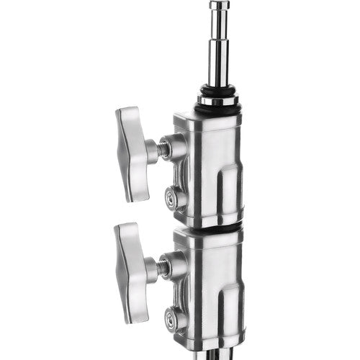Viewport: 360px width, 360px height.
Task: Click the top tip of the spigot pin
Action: coord(217,5)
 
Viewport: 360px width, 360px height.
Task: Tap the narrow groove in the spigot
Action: coord(217,31)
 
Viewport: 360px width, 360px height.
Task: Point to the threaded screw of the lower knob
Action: coord(163,267)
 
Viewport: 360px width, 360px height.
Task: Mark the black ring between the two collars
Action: coord(216,226)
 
